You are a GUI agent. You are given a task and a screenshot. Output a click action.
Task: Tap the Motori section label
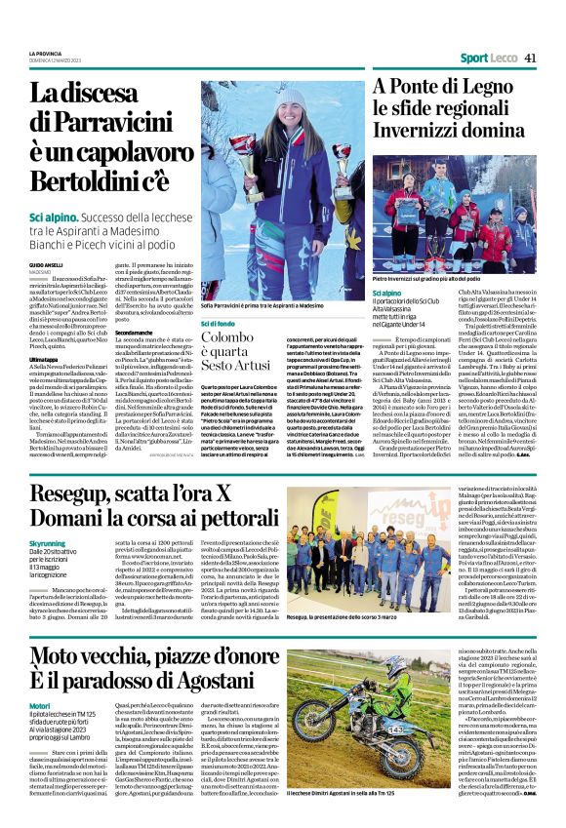[x=40, y=702]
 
